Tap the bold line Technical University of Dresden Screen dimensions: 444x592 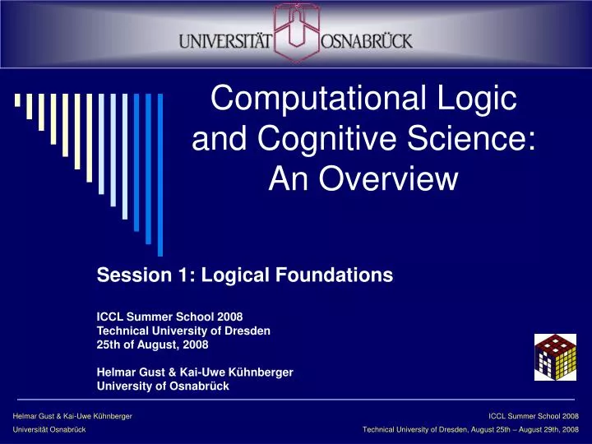coord(184,330)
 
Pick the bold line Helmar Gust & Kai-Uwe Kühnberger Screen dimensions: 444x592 coord(195,372)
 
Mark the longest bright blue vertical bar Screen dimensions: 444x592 coord(160,173)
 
